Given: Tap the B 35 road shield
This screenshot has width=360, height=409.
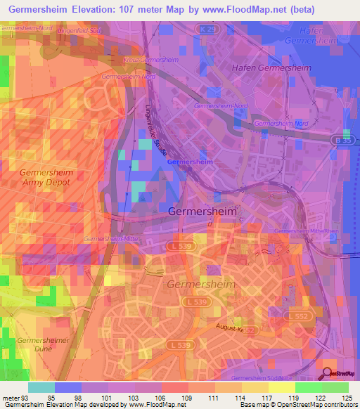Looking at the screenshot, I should pyautogui.click(x=341, y=141).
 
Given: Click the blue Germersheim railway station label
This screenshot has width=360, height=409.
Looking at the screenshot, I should pyautogui.click(x=190, y=162).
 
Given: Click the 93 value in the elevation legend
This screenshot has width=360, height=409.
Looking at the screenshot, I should pyautogui.click(x=27, y=398).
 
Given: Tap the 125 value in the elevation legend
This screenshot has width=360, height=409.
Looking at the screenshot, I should pyautogui.click(x=347, y=398).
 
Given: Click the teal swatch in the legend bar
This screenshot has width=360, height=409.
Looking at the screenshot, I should pyautogui.click(x=41, y=388).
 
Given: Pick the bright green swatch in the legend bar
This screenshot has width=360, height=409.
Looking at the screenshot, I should pyautogui.click(x=308, y=388).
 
